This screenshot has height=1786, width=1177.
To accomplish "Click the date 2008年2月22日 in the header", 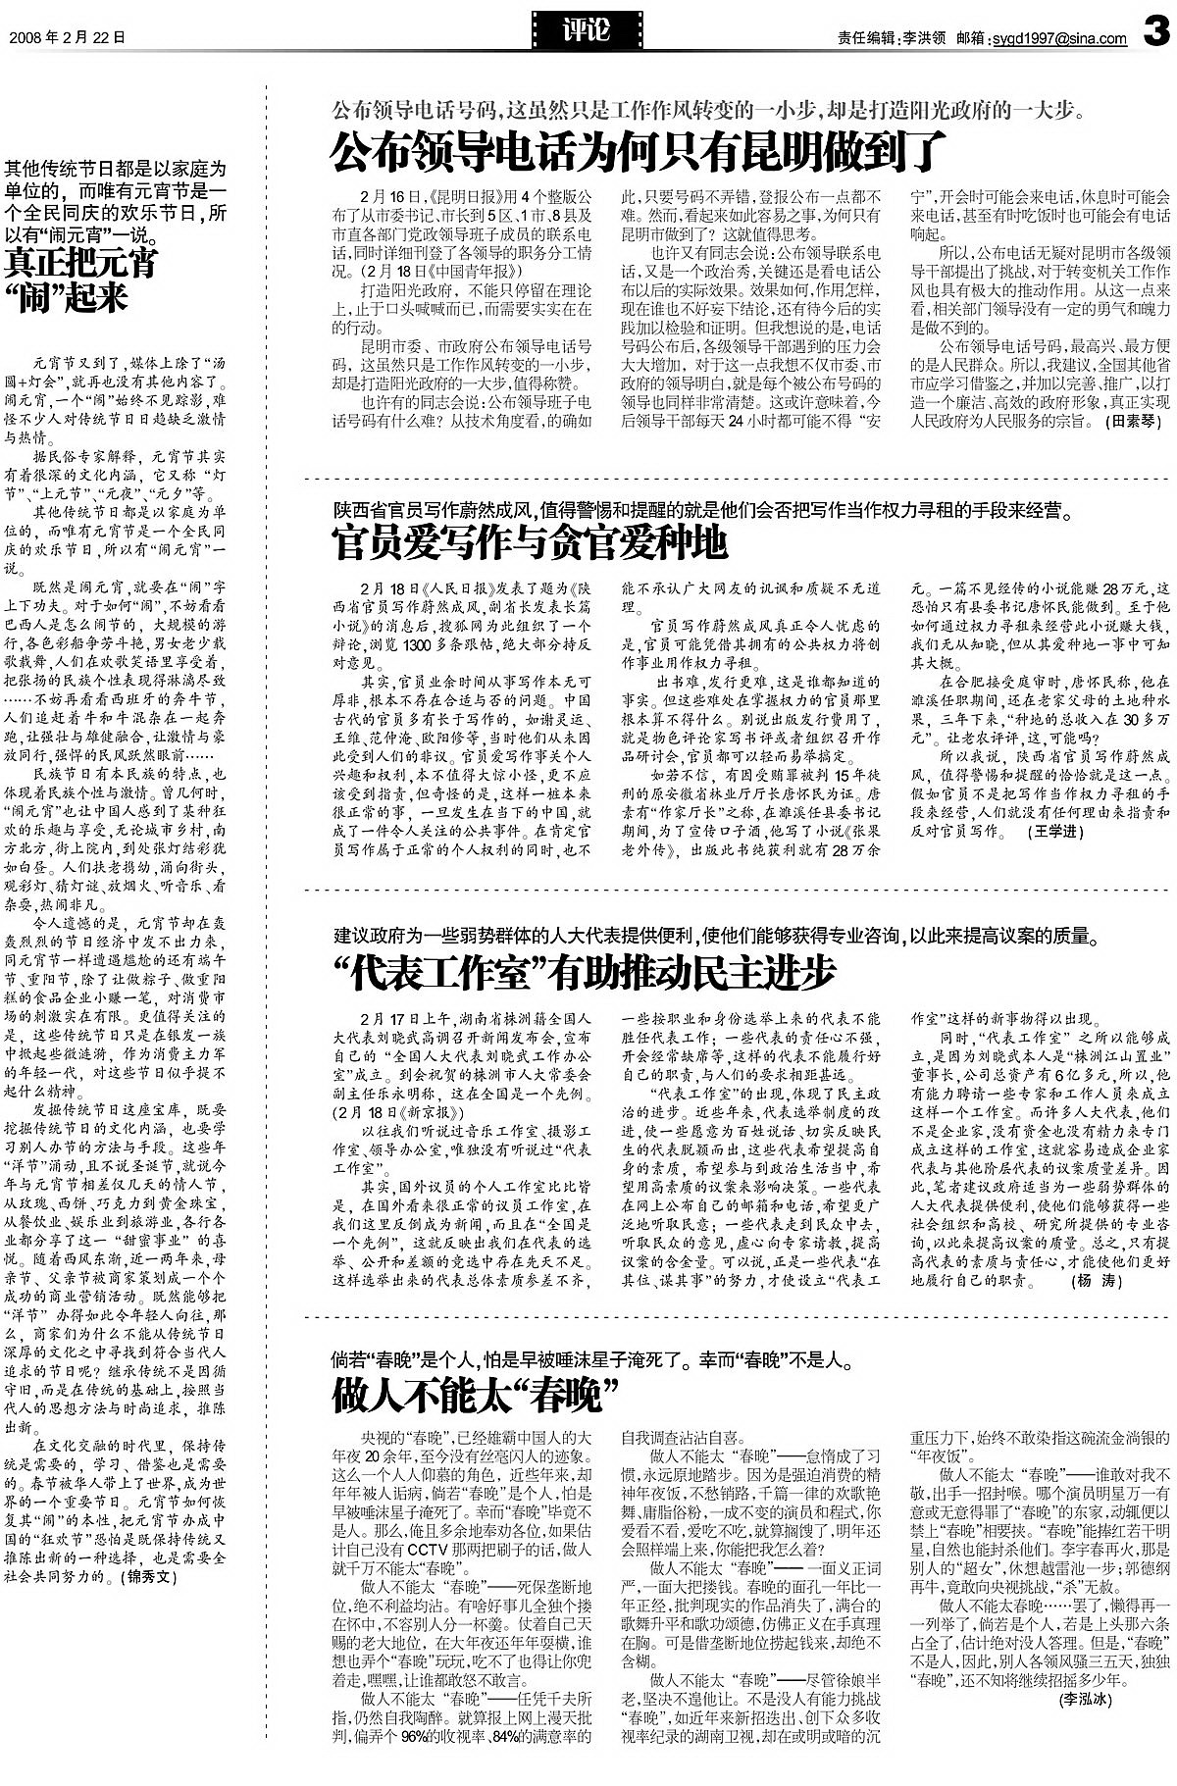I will tap(67, 38).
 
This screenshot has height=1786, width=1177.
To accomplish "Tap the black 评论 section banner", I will tap(588, 29).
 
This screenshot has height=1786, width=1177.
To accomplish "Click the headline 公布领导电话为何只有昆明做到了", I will tap(639, 151).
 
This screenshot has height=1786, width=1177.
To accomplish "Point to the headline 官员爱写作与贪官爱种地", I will tap(530, 541).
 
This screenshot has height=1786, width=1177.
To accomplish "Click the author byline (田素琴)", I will tap(1133, 421).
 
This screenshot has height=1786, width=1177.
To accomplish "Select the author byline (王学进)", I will tap(1054, 831).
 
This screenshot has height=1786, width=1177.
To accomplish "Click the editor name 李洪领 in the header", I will tap(924, 39).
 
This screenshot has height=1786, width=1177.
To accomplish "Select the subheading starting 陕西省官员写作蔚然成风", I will tap(702, 510).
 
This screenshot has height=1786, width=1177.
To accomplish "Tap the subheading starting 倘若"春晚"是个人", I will tap(593, 1360).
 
